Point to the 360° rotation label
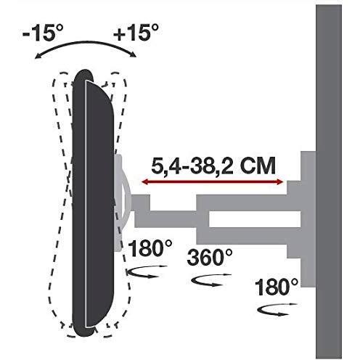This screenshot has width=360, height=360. (x=211, y=256)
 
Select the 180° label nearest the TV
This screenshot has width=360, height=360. (x=150, y=249)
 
